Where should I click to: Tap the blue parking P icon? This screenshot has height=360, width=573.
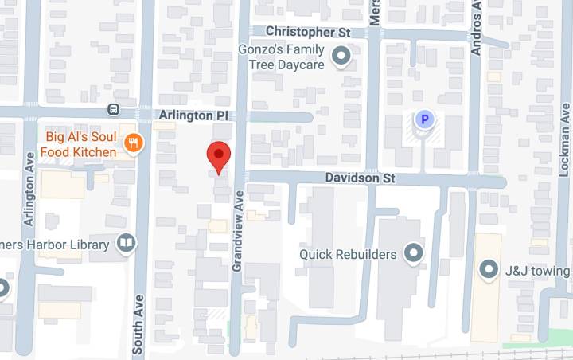click(x=425, y=120)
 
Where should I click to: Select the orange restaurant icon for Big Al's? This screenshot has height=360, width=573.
click(x=133, y=143)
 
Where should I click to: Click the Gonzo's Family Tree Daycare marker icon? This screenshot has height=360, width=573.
click(x=341, y=57)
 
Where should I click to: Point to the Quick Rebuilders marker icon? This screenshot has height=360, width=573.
click(x=413, y=254)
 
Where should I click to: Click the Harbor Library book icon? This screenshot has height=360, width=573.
click(x=125, y=242)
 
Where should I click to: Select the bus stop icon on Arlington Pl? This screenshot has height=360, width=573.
click(x=114, y=109)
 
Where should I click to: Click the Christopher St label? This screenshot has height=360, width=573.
click(x=308, y=31)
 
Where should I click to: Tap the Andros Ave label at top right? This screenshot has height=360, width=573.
click(x=477, y=28)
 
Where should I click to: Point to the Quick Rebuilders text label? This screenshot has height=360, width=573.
click(x=348, y=255)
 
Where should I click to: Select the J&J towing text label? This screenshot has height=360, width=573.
click(x=538, y=272)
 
